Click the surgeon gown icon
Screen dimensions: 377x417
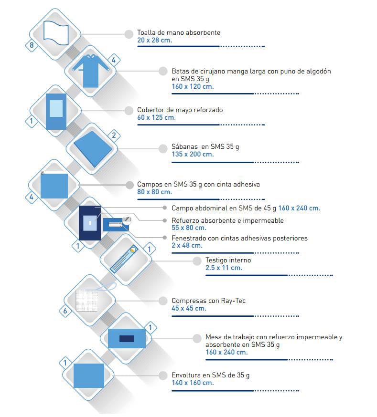point(91,71)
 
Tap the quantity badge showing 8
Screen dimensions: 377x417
point(32,45)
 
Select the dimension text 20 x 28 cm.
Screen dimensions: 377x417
point(155,40)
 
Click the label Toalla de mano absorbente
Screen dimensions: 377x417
point(179,32)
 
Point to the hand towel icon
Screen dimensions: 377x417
point(56,33)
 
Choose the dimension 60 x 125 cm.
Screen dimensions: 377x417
point(156,117)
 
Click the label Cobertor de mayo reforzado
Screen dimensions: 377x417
point(180,110)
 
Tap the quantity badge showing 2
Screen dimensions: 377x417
point(114,136)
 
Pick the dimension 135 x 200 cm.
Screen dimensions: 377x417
point(193,154)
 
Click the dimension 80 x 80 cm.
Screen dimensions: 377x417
point(155,192)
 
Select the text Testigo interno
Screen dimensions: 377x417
point(228,260)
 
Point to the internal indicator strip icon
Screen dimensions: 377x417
point(124,259)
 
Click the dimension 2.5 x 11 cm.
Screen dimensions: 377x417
point(224,268)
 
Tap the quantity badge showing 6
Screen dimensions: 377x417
point(65,311)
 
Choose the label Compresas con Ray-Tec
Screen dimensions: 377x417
point(208,301)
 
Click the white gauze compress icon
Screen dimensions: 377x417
point(87,300)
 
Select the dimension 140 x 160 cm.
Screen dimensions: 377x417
point(193,383)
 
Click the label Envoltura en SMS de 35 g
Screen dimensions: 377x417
point(211,375)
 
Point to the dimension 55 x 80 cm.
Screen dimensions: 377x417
point(189,228)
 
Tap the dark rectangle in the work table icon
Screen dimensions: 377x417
point(127,339)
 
